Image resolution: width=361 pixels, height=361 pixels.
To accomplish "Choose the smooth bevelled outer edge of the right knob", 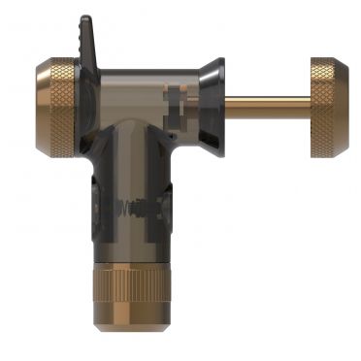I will (x=347, y=107).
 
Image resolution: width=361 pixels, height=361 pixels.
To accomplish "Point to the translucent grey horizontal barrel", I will (x=136, y=87).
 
